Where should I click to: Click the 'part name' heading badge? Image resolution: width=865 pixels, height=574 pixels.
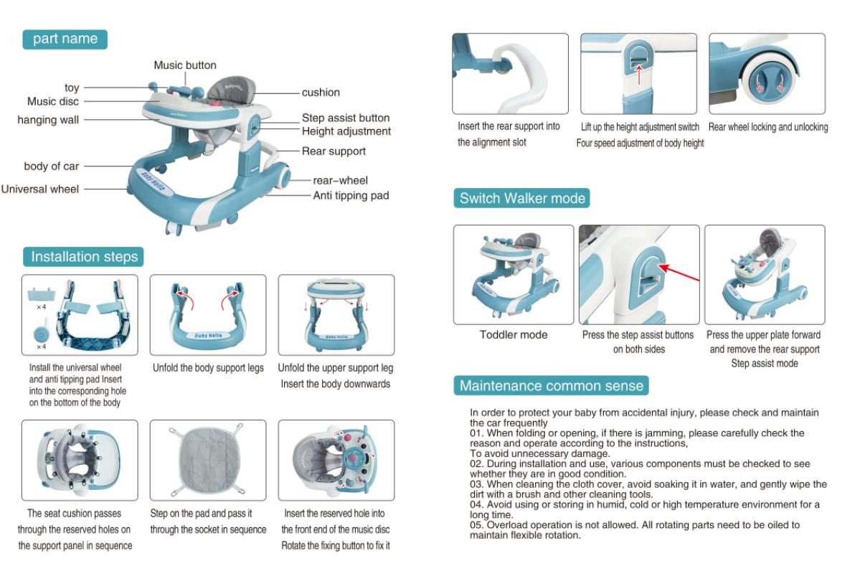click(65, 39)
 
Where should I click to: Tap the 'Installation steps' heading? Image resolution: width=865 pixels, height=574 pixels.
click(84, 257)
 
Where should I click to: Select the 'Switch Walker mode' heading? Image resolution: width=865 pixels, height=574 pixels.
click(522, 198)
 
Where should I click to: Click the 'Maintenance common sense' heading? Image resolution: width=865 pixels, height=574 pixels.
click(551, 386)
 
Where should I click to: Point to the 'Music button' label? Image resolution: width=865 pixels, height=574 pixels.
click(185, 65)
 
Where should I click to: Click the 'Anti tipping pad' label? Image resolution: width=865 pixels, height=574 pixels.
click(351, 195)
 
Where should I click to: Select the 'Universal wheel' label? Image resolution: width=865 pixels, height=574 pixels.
click(40, 189)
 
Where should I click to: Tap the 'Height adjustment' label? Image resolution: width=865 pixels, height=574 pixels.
click(346, 131)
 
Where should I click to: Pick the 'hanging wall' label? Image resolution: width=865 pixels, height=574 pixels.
click(48, 120)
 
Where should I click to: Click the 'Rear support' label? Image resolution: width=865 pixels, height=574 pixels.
click(334, 151)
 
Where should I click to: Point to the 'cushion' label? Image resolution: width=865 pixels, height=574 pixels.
click(321, 93)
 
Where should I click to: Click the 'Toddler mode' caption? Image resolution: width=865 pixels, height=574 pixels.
click(514, 335)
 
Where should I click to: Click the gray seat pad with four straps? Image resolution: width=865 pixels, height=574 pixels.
click(207, 460)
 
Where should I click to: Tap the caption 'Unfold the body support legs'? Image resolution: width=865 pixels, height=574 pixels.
click(208, 368)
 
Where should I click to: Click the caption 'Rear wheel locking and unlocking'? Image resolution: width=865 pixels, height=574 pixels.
click(768, 127)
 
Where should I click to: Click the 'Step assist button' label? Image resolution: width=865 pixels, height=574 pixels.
click(346, 118)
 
